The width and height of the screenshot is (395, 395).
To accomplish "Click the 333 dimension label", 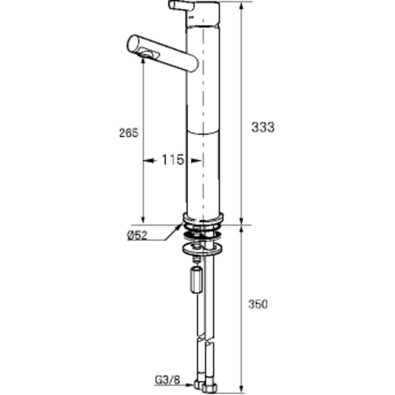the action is point(263,127).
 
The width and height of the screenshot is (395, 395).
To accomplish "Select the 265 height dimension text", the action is point(129,133).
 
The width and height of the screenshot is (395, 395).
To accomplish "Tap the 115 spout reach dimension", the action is point(173,160).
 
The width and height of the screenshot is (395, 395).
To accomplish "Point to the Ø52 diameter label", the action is point(137,235).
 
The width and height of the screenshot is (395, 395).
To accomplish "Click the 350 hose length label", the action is point(258,304).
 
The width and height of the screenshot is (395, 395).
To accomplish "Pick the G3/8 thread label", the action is point(168,380).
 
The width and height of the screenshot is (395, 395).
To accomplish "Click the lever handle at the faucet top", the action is point(181,5).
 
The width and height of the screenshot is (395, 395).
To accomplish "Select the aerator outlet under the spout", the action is point(149,54).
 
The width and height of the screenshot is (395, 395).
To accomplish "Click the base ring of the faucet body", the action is point(203,218).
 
